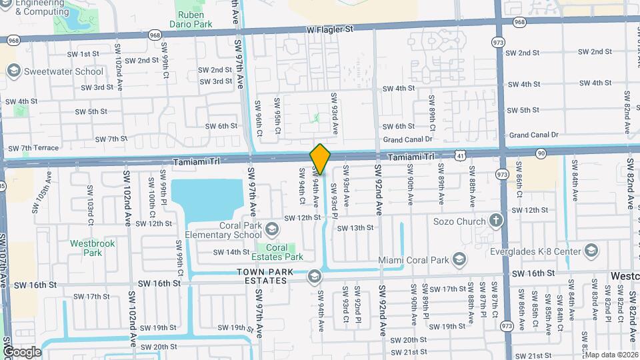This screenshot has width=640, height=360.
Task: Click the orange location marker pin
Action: (320, 159)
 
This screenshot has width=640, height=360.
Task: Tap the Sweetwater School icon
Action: (12, 71)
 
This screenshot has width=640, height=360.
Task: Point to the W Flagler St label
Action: (329, 29)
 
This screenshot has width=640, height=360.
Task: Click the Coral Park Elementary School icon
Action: (272, 230)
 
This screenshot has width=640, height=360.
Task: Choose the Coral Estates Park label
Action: (281, 252)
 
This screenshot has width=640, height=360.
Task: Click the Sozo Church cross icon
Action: (495, 220)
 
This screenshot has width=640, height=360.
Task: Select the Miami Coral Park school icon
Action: (459, 259)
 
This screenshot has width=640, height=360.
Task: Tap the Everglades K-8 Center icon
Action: (591, 251)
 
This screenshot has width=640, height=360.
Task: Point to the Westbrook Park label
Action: (93, 248)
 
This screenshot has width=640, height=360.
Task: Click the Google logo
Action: (22, 351)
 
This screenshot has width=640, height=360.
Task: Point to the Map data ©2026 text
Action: (611, 355)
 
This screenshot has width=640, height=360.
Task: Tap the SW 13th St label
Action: (355, 227)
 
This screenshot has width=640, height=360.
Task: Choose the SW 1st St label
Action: (83, 54)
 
